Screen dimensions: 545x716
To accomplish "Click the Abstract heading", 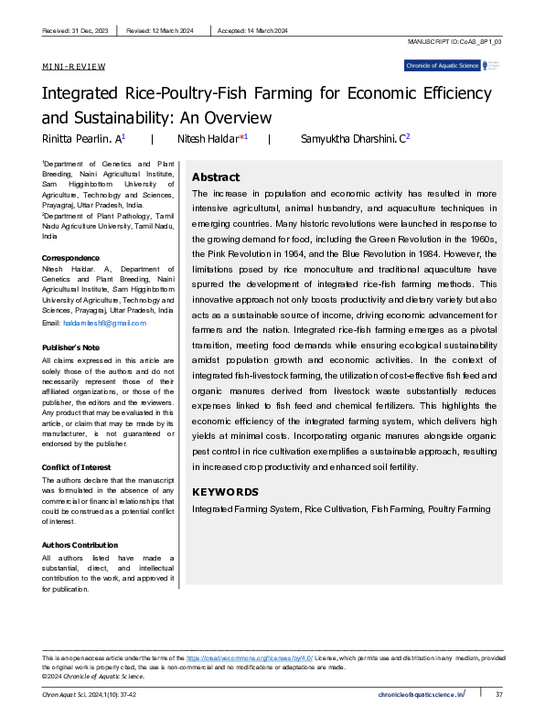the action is coord(216,177).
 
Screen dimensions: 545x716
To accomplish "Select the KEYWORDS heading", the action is coord(225,492).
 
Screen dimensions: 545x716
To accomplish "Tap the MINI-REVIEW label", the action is coord(74,67).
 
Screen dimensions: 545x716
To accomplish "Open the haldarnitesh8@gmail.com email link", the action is coord(102,325).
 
